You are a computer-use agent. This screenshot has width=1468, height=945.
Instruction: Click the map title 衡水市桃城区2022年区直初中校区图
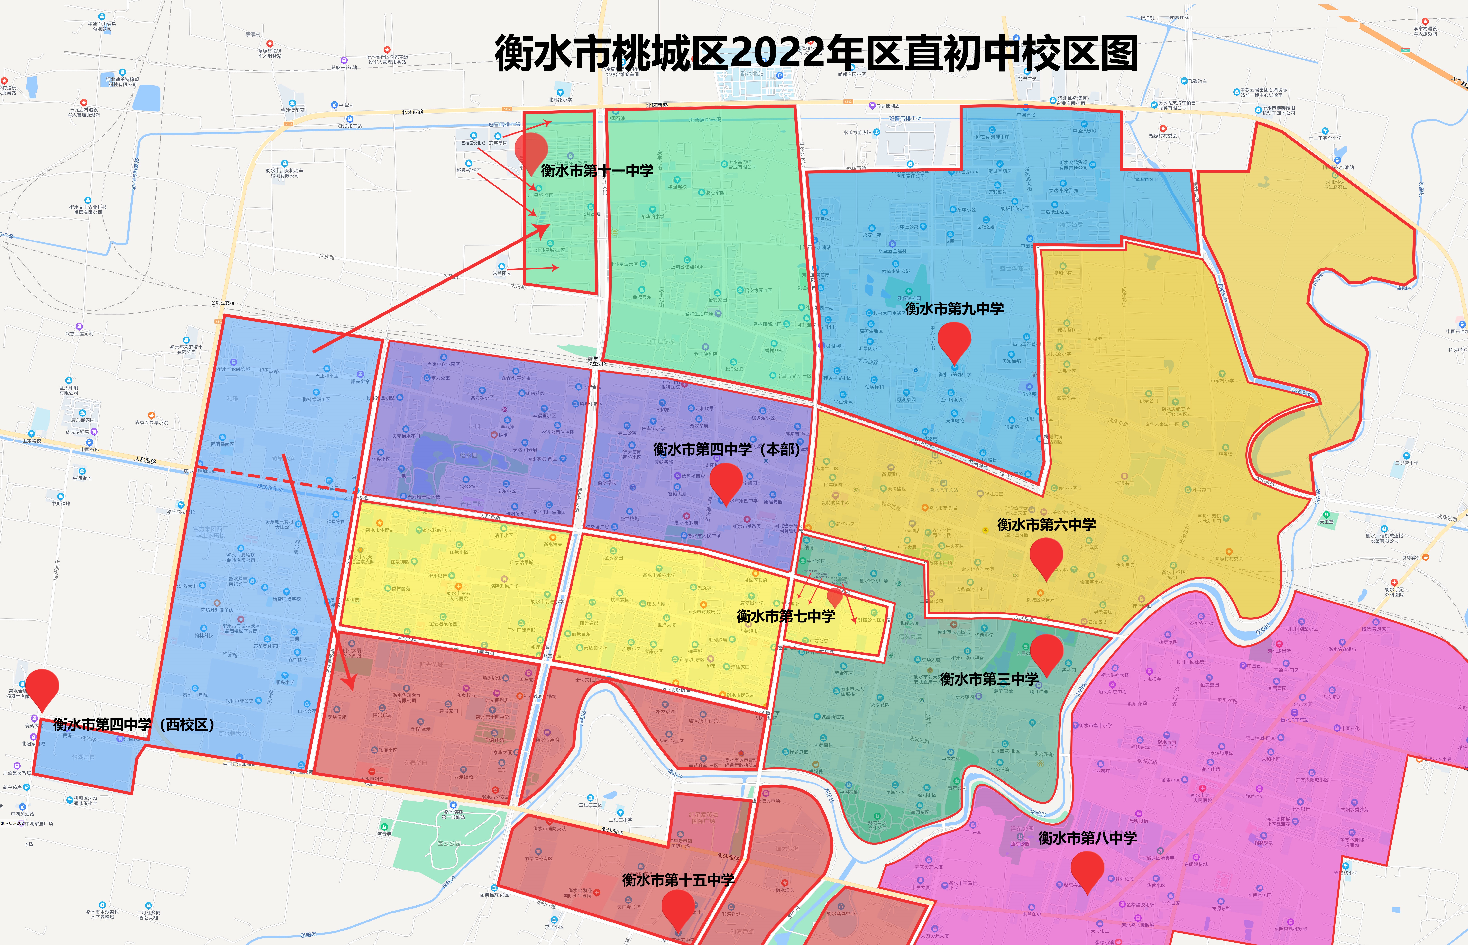point(816,54)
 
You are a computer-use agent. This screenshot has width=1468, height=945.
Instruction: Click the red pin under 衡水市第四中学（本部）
point(726,482)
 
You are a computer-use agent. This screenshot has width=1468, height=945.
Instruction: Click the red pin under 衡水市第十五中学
point(678,908)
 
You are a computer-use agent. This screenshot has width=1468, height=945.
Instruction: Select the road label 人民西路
point(145,460)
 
